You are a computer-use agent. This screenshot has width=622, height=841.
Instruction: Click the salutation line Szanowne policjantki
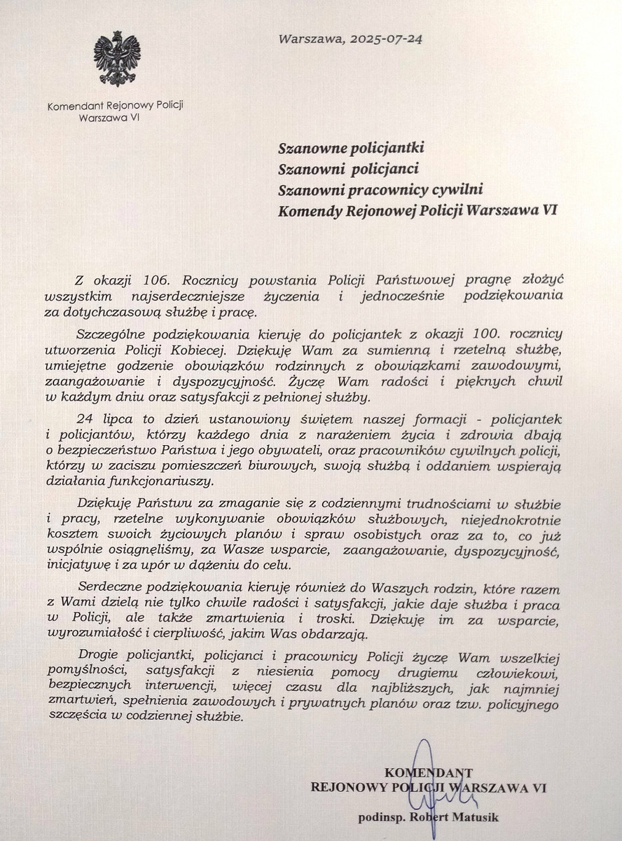point(351,148)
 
